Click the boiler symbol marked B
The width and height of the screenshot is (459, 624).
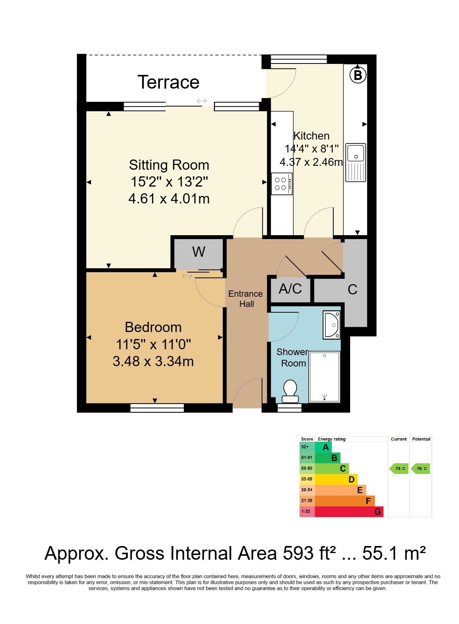pyautogui.click(x=358, y=75)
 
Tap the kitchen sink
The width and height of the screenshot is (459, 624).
pyautogui.click(x=356, y=163)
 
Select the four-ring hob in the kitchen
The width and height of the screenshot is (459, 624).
pyautogui.click(x=282, y=183)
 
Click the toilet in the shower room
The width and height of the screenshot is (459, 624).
pyautogui.click(x=290, y=392)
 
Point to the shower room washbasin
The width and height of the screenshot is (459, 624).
pyautogui.click(x=331, y=325)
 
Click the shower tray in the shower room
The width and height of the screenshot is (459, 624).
pyautogui.click(x=324, y=377)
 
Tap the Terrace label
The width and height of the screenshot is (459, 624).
pyautogui.click(x=168, y=82)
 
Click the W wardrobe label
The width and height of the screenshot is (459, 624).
pyautogui.click(x=199, y=252)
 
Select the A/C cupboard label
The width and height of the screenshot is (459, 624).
pyautogui.click(x=290, y=288)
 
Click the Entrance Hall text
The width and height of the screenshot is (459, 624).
pyautogui.click(x=246, y=299)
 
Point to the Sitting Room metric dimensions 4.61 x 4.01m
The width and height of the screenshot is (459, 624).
pyautogui.click(x=169, y=199)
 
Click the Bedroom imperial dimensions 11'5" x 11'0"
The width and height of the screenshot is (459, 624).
pyautogui.click(x=154, y=344)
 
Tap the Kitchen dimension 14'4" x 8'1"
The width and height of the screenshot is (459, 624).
pyautogui.click(x=311, y=149)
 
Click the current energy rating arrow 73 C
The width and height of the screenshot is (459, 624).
pyautogui.click(x=399, y=468)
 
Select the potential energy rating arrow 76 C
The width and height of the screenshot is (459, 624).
pyautogui.click(x=421, y=468)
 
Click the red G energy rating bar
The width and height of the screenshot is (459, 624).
pyautogui.click(x=349, y=512)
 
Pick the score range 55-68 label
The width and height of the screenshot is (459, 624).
pyautogui.click(x=307, y=479)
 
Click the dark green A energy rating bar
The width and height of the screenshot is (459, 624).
pyautogui.click(x=323, y=447)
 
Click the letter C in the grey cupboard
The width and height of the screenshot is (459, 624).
pyautogui.click(x=352, y=289)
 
